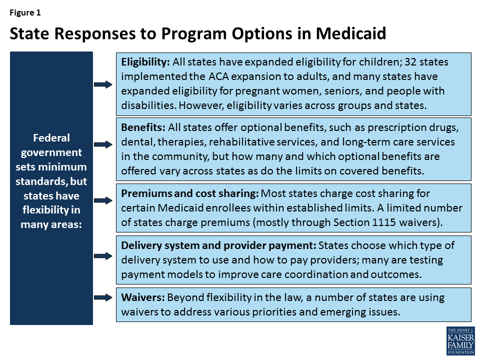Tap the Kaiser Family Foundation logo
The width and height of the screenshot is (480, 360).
(x=460, y=340)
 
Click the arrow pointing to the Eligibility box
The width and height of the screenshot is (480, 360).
(x=103, y=84)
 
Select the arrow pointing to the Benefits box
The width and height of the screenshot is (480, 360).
(x=103, y=144)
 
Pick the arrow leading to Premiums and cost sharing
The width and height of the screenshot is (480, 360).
(x=103, y=200)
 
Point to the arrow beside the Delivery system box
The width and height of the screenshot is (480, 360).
(x=103, y=256)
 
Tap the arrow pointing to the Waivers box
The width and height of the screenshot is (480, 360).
(x=103, y=296)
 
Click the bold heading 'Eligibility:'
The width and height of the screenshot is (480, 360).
(x=145, y=62)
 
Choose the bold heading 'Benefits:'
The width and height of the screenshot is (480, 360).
(x=143, y=127)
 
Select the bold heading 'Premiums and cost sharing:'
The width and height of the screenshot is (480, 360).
(x=190, y=193)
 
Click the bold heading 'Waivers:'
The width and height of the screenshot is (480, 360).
(x=142, y=297)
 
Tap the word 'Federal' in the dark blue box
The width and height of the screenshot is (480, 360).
(x=51, y=137)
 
